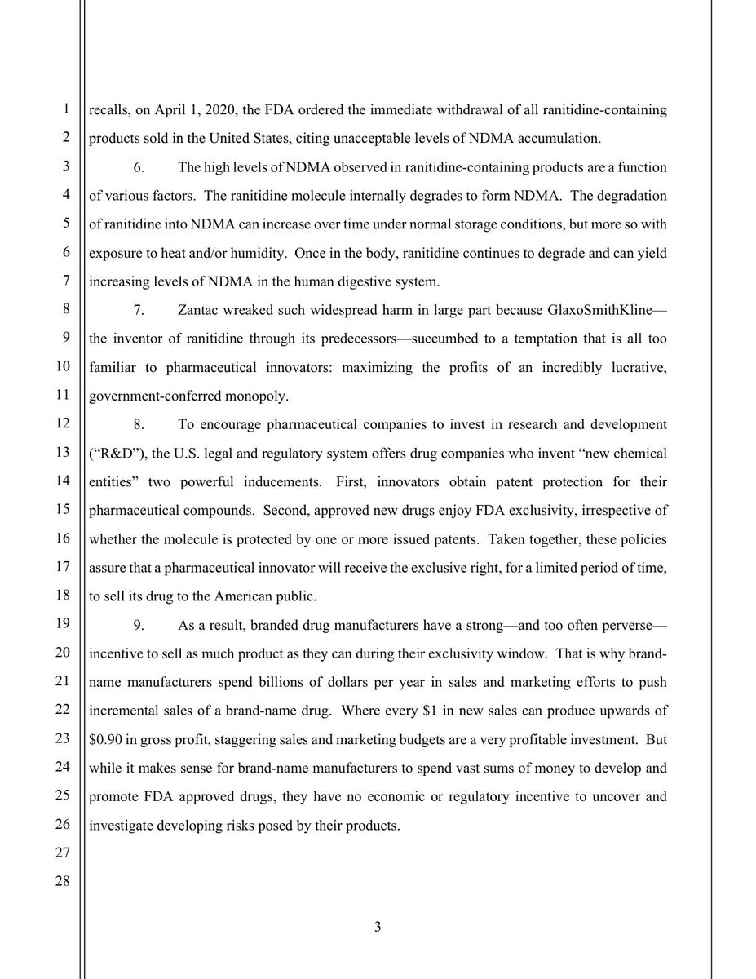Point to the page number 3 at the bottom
[378, 928]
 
